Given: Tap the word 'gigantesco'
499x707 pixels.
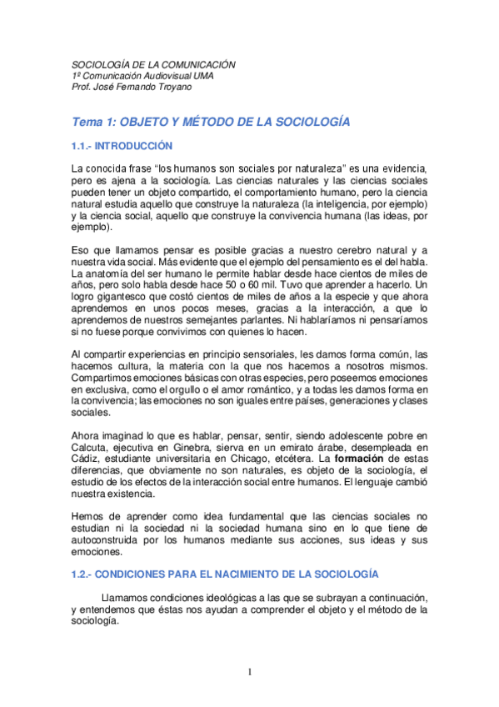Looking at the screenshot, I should [x=120, y=298].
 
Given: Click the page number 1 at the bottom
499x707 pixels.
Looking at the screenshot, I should [x=249, y=671].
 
